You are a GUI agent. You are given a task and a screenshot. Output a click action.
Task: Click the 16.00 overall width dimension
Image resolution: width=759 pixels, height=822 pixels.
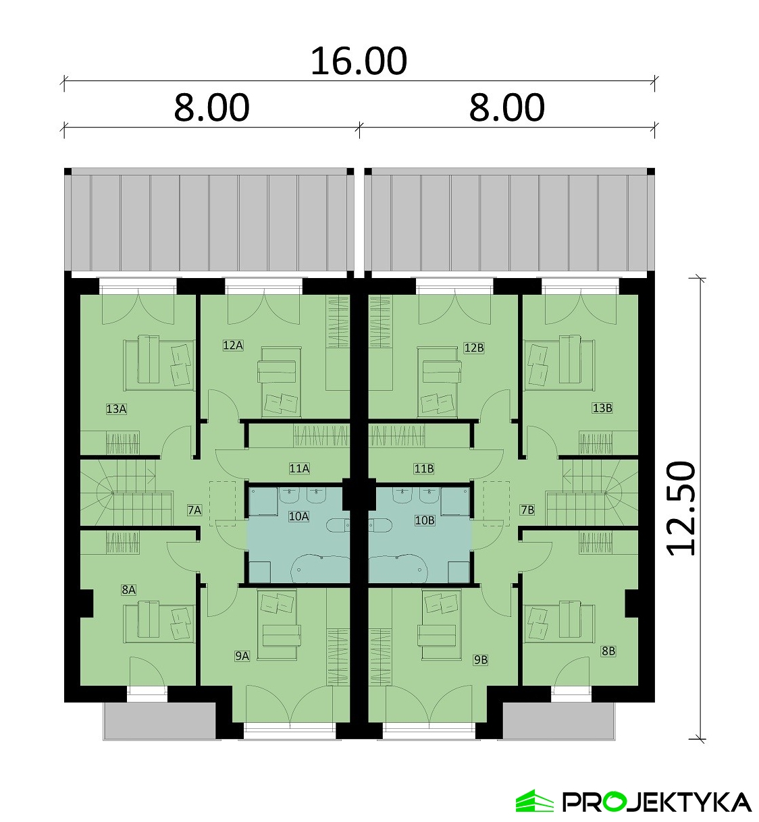pos(359,61)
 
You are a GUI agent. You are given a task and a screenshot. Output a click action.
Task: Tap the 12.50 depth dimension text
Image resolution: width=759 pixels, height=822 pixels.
pos(681,508)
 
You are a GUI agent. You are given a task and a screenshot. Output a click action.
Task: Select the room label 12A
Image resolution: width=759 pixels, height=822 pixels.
pos(233,345)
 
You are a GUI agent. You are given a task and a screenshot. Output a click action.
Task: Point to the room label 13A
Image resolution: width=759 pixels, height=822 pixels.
pos(116,409)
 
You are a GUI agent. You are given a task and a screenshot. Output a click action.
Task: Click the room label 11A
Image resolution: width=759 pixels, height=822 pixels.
pos(300,468)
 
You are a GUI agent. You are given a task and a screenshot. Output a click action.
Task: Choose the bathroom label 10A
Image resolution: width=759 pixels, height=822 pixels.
pos(299,516)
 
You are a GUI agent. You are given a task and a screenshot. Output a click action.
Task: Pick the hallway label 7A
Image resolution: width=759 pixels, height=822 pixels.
pos(194,510)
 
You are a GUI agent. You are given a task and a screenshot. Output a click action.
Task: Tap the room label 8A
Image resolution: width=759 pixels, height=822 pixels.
pos(129,590)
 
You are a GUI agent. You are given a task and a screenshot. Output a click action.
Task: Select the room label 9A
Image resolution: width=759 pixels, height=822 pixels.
pos(242,656)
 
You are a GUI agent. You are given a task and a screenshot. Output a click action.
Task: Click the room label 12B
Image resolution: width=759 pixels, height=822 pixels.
pos(474,348)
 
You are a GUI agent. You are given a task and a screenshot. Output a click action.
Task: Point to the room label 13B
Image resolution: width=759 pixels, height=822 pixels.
pos(602,408)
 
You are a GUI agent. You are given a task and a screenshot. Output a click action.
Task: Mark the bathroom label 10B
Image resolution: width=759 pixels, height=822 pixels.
pos(425,520)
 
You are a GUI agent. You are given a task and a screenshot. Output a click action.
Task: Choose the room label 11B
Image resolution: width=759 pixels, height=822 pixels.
pos(424,468)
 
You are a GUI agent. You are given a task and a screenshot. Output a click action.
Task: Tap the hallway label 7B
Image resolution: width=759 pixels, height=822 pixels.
pos(527,510)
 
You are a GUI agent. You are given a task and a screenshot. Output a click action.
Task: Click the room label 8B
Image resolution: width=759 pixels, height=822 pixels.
pos(608,651)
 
